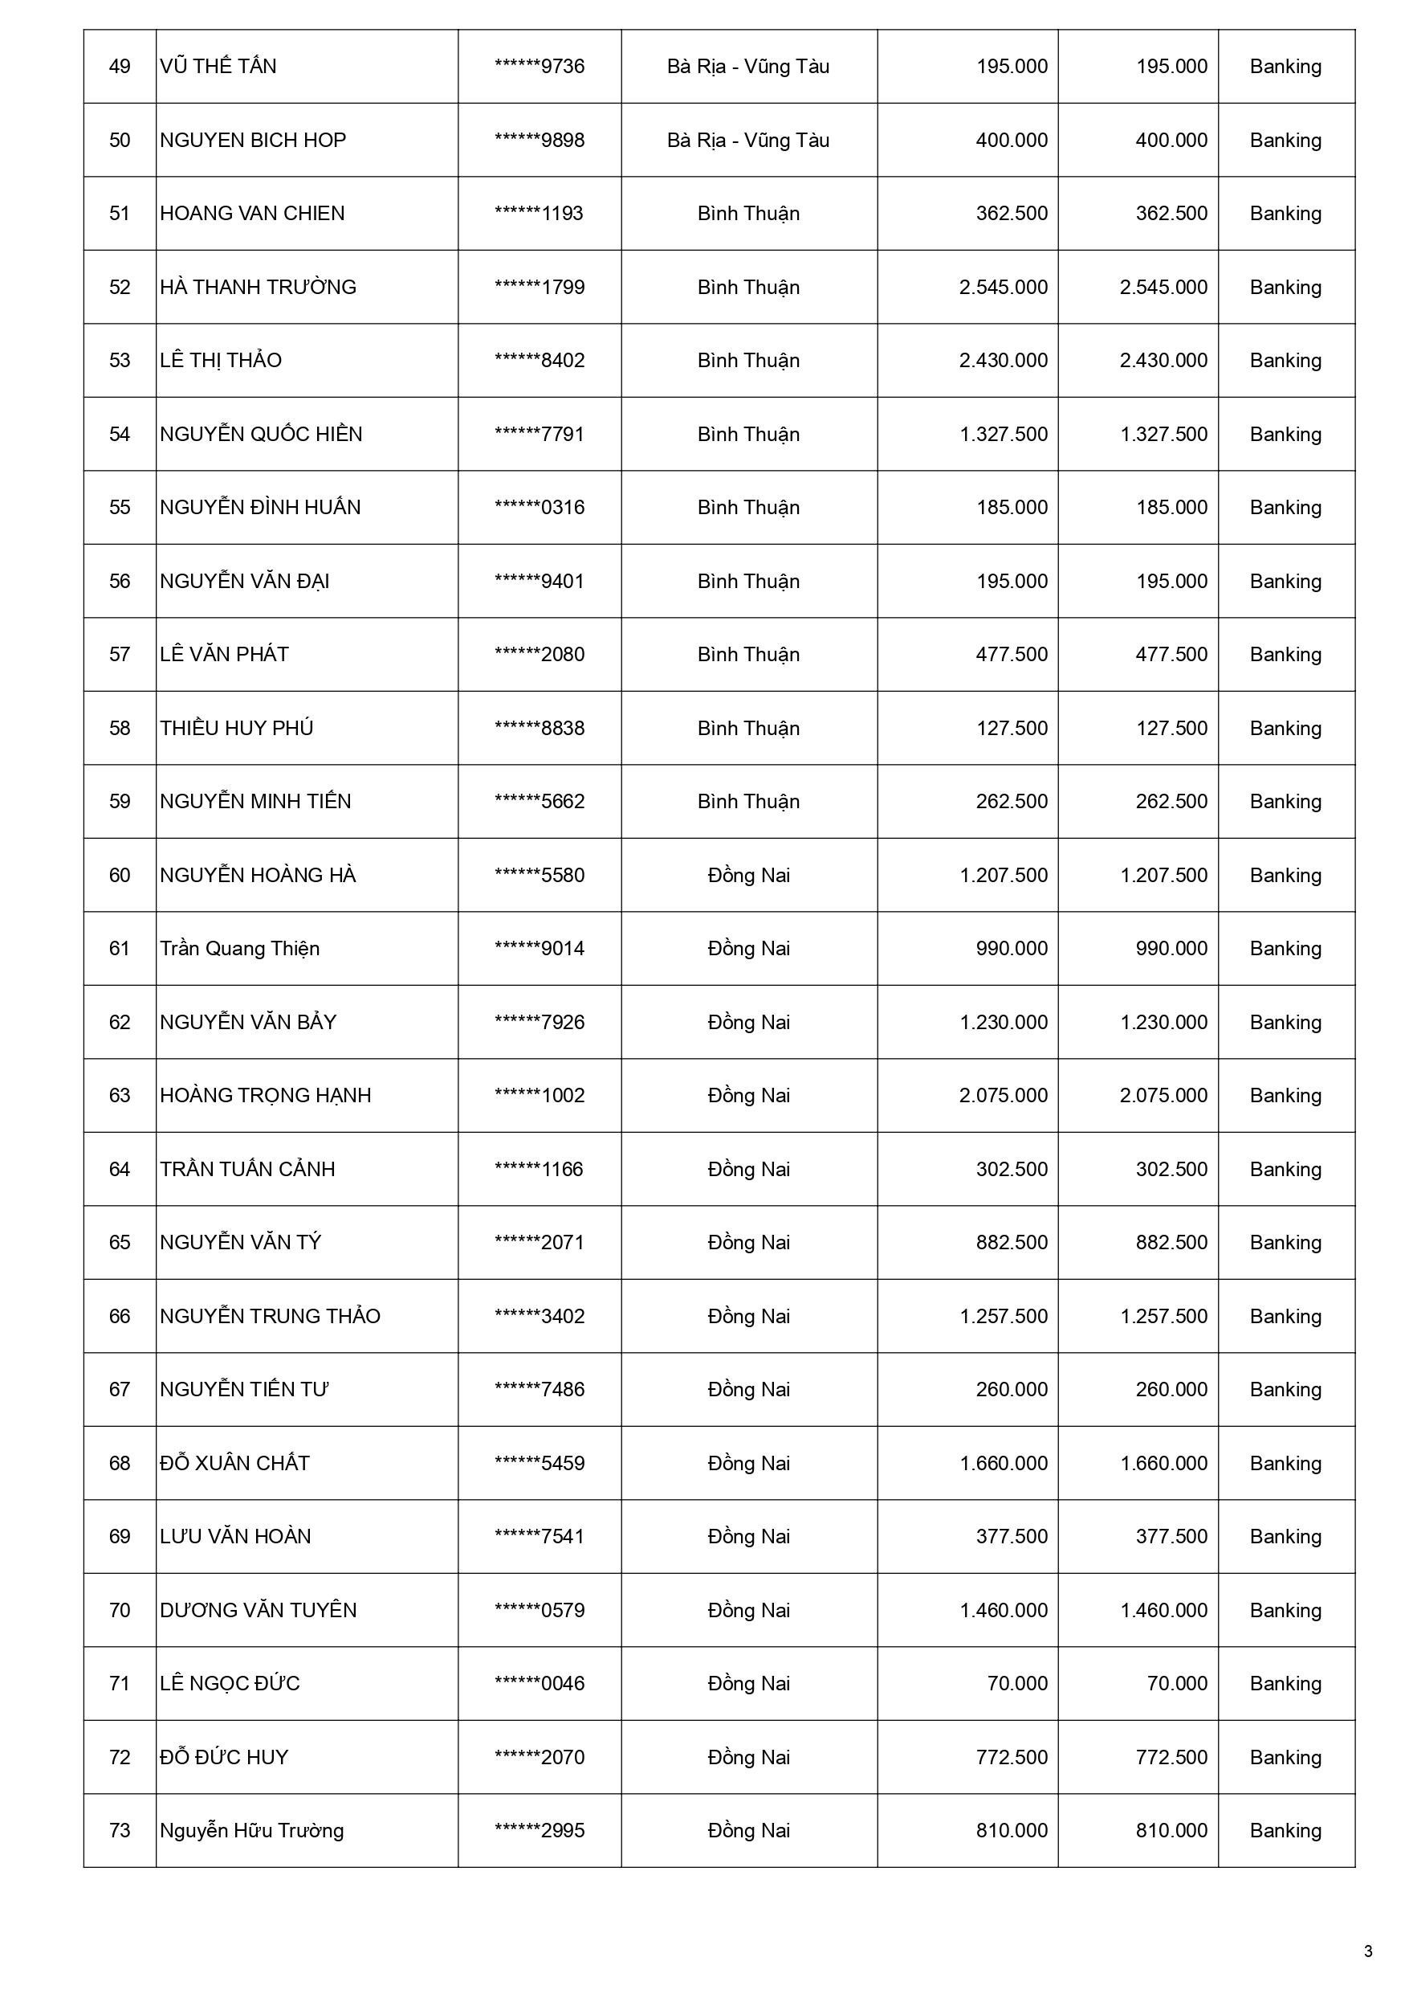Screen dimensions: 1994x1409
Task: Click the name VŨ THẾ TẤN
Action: click(218, 67)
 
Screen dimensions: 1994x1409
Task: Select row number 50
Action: click(120, 141)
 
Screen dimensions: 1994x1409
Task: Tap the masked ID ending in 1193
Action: click(540, 214)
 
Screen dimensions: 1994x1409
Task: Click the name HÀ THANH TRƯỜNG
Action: click(258, 288)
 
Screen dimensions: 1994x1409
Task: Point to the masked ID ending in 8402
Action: click(540, 361)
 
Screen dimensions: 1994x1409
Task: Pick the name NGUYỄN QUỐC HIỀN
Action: click(260, 435)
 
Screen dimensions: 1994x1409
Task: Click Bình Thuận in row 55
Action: click(748, 507)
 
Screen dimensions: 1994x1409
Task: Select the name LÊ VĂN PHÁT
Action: click(224, 655)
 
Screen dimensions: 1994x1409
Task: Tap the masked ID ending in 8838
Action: click(540, 728)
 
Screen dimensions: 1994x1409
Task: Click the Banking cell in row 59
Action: click(1285, 802)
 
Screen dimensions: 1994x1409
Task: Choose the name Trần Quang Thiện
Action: click(239, 948)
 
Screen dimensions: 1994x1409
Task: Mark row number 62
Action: click(120, 1022)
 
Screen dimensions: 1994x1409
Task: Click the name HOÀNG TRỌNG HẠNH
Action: click(265, 1095)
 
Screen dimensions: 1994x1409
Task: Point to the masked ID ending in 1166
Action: click(540, 1169)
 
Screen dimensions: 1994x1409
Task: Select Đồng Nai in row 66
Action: click(748, 1316)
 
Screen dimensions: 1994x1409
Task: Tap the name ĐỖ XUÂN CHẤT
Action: click(234, 1464)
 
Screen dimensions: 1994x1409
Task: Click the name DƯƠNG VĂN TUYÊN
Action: click(258, 1610)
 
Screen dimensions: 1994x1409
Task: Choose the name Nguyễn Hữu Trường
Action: click(252, 1831)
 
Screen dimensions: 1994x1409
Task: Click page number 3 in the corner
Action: click(1368, 1951)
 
